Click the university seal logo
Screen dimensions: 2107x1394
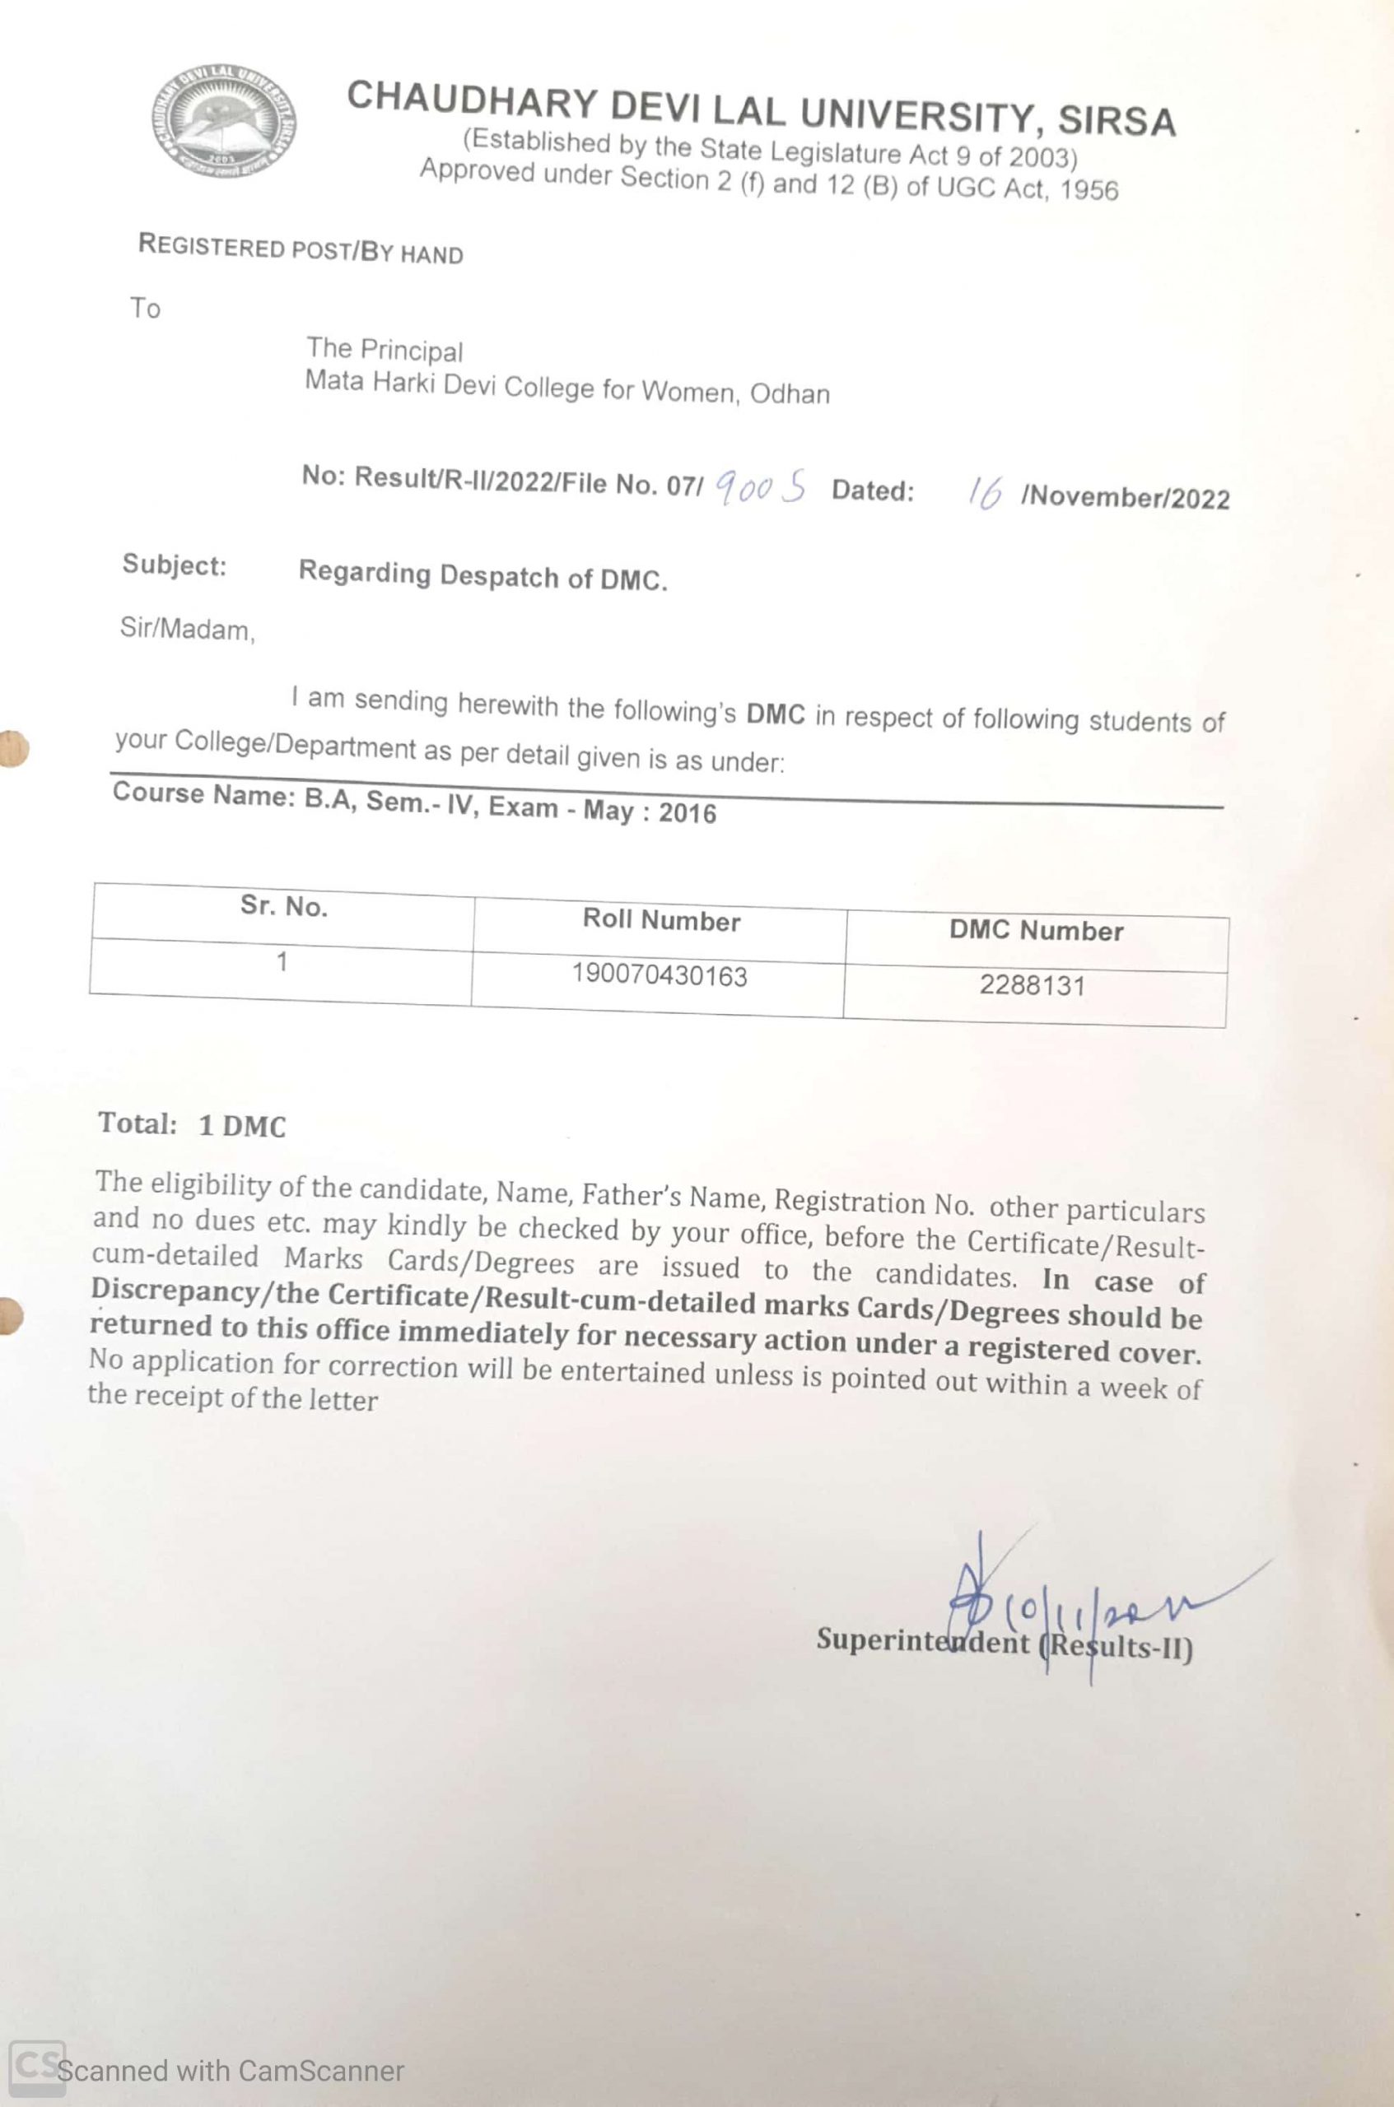pos(223,121)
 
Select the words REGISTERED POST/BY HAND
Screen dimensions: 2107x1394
pos(301,248)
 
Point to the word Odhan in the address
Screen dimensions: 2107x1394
pos(790,393)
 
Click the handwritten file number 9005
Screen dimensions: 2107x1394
pos(760,487)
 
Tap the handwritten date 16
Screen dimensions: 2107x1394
pos(984,491)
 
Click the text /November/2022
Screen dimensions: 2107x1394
pos(1126,498)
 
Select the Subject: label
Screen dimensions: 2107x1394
pos(175,565)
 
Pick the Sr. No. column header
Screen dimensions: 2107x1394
pos(283,906)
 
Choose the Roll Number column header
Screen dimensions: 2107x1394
pos(660,920)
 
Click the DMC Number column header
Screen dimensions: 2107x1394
pos(1036,930)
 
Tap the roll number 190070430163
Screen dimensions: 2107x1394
pos(659,976)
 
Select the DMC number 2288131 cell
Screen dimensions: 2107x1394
pos(1033,985)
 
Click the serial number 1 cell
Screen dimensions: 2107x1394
pos(282,961)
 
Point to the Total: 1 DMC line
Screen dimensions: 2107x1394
pos(192,1124)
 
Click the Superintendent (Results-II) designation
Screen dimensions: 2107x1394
pos(1004,1642)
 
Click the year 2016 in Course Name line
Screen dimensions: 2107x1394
pos(688,813)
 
